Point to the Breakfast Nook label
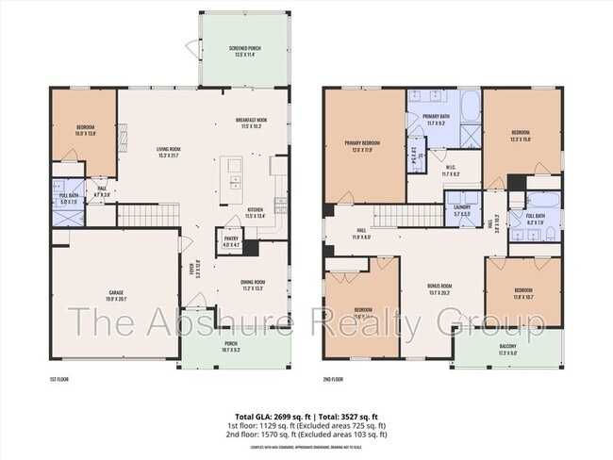click(x=253, y=123)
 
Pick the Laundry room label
click(x=462, y=213)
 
